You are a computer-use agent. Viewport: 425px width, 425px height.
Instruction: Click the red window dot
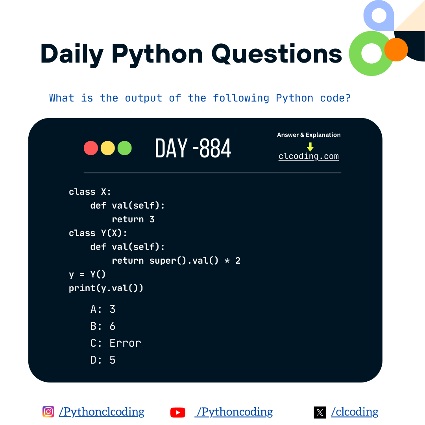(x=91, y=148)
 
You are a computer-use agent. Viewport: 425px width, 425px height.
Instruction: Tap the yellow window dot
(x=108, y=148)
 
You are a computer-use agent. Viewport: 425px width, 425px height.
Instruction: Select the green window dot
(x=125, y=148)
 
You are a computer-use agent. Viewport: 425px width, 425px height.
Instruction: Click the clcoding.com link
(x=309, y=156)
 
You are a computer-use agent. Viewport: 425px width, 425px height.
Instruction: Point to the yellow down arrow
(x=310, y=147)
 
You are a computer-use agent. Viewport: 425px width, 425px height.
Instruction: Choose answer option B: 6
(x=103, y=326)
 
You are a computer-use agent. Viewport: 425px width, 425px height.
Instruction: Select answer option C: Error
(x=115, y=343)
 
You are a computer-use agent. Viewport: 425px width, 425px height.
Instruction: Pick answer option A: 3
(x=103, y=309)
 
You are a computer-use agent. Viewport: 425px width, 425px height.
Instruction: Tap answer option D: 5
(x=103, y=360)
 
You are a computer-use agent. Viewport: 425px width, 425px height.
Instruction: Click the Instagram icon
(x=48, y=412)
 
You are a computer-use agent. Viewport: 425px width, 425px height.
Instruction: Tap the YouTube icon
(x=178, y=412)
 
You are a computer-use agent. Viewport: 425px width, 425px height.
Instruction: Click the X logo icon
(x=320, y=412)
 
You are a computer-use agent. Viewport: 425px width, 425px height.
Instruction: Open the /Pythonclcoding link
(x=102, y=412)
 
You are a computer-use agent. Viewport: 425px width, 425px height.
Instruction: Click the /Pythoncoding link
(x=234, y=412)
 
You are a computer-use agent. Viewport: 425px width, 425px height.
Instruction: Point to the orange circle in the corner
(x=396, y=50)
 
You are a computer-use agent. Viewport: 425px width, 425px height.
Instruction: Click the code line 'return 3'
(x=133, y=219)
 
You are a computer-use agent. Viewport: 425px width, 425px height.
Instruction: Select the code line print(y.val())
(x=106, y=288)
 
